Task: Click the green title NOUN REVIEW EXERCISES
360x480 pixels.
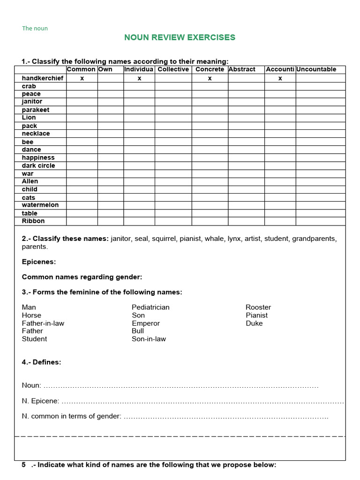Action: [x=180, y=37]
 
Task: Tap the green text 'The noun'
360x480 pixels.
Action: [x=35, y=28]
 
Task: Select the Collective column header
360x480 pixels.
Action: [x=173, y=69]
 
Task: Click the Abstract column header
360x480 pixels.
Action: [x=242, y=69]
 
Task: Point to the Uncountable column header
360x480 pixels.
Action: [x=316, y=69]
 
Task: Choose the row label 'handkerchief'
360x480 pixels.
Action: [x=42, y=78]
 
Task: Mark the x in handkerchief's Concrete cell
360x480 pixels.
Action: [x=210, y=78]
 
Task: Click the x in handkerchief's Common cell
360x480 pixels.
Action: [x=82, y=78]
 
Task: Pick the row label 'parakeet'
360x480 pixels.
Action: [x=35, y=110]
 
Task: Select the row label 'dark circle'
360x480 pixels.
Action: [x=38, y=165]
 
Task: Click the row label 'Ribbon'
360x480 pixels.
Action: [x=33, y=221]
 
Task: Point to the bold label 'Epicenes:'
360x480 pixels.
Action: [x=39, y=262]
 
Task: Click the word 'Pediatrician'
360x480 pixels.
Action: [x=150, y=307]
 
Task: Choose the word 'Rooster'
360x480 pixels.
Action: [x=258, y=307]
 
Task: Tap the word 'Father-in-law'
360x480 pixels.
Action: [x=43, y=323]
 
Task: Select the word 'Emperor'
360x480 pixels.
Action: [x=146, y=323]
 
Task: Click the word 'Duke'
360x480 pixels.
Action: [x=254, y=323]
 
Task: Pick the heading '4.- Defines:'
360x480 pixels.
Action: [x=41, y=362]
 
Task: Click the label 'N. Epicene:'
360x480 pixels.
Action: [x=40, y=401]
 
